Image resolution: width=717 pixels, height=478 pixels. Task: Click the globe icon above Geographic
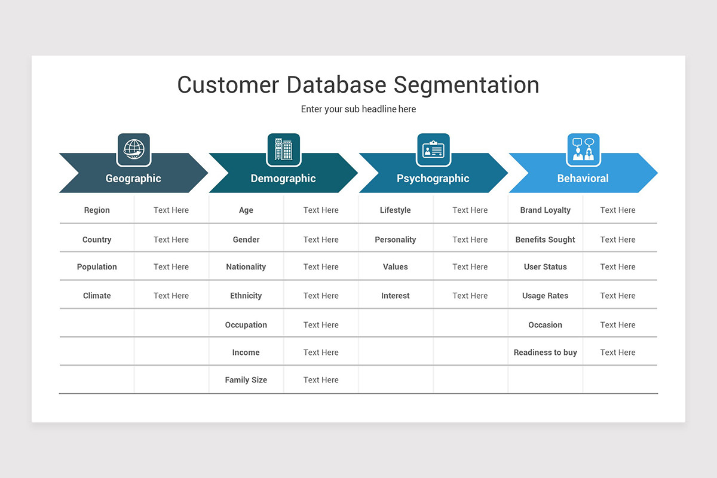134,149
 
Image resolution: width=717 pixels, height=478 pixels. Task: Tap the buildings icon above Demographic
283,149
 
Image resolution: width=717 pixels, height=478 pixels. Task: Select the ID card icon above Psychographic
433,149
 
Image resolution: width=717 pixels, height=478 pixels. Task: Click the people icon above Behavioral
583,149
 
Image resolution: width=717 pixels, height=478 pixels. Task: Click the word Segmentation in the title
465,85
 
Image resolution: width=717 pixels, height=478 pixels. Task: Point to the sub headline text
358,109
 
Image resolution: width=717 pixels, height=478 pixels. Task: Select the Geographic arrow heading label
133,178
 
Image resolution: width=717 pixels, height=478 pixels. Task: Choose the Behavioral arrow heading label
583,178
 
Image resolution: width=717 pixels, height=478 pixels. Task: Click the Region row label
97,210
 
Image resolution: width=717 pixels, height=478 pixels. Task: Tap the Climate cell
97,296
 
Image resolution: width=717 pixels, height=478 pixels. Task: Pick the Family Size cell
246,380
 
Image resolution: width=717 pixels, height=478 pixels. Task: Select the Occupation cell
246,325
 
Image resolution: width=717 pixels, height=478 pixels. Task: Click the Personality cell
395,240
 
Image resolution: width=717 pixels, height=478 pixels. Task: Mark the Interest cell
395,296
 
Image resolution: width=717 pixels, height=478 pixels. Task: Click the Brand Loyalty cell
545,210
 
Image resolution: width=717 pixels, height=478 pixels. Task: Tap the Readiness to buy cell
545,353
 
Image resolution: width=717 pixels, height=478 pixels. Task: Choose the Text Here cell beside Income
321,353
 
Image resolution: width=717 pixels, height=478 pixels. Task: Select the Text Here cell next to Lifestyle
470,210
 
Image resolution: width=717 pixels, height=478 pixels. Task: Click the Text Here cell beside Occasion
618,325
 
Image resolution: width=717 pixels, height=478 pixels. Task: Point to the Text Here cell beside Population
171,267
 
